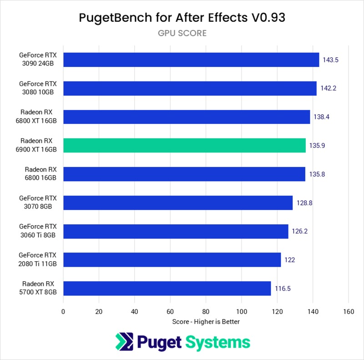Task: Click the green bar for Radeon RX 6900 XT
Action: (184, 145)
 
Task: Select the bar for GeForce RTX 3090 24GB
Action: (191, 60)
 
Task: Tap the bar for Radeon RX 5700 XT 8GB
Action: (167, 289)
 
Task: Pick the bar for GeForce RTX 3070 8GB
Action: (178, 203)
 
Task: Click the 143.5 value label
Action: (330, 60)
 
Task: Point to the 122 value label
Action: (290, 260)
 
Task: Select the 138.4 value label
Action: (321, 117)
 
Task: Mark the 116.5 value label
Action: (282, 289)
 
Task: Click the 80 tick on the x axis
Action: (206, 312)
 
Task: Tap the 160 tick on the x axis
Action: (349, 312)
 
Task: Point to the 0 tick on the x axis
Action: (63, 312)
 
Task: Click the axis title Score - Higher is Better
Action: (206, 322)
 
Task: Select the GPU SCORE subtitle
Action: (182, 33)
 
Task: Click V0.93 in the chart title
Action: (268, 18)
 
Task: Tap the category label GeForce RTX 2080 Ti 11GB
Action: (38, 260)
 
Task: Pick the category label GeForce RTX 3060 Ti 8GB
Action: (38, 231)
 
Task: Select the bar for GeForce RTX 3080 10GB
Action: (190, 88)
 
